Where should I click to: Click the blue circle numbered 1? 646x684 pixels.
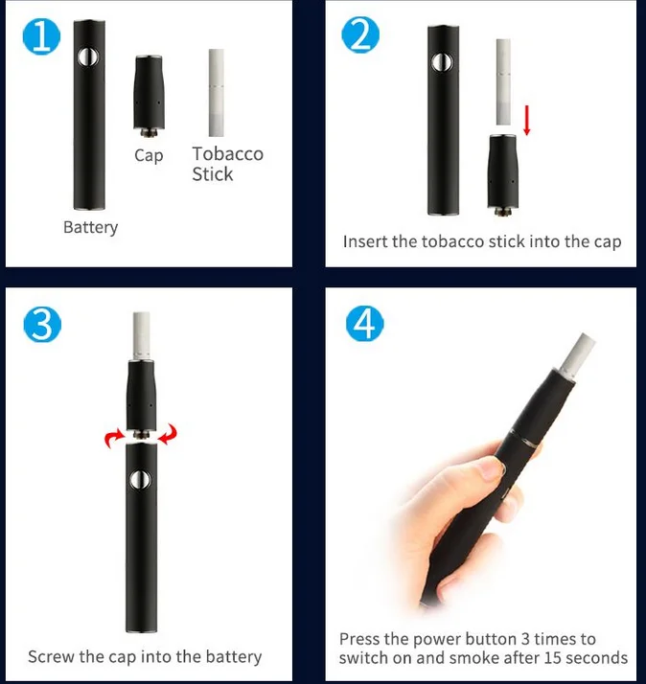(x=41, y=37)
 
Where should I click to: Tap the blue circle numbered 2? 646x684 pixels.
(x=360, y=34)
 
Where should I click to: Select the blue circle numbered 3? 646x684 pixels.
(x=42, y=325)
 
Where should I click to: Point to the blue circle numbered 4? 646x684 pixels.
(x=365, y=324)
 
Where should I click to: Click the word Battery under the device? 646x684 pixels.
(x=90, y=227)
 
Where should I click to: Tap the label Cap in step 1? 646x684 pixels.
(x=149, y=155)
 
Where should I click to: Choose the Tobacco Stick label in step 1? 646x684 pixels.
(x=227, y=164)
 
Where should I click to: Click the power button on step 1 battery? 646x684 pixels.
(x=88, y=57)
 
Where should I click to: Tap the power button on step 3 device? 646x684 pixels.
(x=141, y=479)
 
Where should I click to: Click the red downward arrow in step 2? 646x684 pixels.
(x=527, y=120)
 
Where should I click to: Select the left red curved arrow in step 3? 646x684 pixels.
(x=114, y=438)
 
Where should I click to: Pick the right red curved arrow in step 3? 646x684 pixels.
(x=168, y=434)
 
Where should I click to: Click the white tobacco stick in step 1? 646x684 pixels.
(x=216, y=93)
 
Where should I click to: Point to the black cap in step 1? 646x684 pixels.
(x=150, y=97)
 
